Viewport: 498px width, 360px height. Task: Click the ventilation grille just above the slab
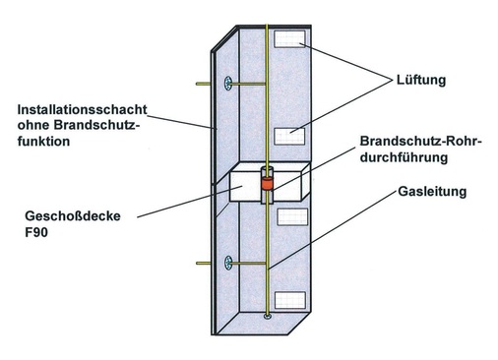tap(292, 136)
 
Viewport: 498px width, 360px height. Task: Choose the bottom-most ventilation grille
tap(292, 298)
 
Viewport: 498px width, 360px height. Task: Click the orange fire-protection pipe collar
tap(265, 183)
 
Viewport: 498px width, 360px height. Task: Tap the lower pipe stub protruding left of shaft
tap(204, 263)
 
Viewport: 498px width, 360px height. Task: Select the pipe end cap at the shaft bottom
tap(267, 317)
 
